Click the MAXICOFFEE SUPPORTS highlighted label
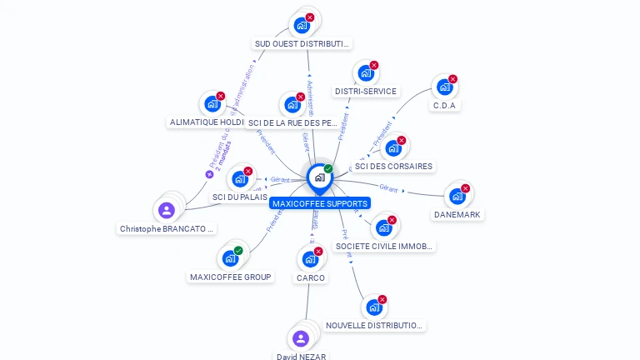[x=320, y=203]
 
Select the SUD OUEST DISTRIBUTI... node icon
[x=302, y=25]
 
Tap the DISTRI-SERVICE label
[x=366, y=91]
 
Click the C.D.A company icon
[x=445, y=87]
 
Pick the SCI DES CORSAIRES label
[x=394, y=166]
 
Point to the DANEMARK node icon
[x=457, y=197]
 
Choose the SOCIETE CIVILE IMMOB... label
[x=384, y=246]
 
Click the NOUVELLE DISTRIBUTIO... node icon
[x=374, y=307]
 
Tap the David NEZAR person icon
[x=301, y=338]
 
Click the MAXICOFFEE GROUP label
[x=231, y=277]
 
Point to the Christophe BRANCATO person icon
[x=167, y=210]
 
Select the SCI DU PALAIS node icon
[x=240, y=179]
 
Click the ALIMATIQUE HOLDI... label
[x=207, y=122]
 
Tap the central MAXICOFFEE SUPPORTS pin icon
[x=320, y=177]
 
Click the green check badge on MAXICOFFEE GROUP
[x=238, y=251]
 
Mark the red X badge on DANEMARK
[x=465, y=188]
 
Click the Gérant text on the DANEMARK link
[x=389, y=187]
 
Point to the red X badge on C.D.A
[x=452, y=79]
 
